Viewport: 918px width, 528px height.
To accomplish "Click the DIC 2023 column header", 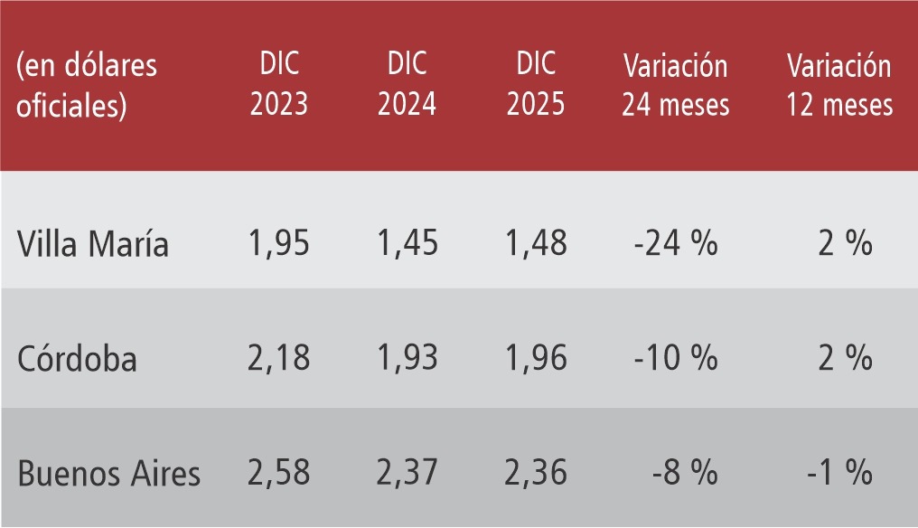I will point(278,85).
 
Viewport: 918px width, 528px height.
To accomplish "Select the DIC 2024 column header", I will point(407,85).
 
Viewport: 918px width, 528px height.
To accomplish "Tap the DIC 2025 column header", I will point(536,85).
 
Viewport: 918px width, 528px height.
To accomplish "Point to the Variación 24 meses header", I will point(675,85).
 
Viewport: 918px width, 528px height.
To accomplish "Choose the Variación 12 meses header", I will point(839,85).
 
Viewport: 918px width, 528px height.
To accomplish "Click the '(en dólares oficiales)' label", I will point(87,85).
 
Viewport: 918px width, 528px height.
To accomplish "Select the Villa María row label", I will point(93,244).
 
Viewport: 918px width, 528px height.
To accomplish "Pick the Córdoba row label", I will point(78,359).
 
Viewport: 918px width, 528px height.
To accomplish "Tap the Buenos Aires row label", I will point(109,473).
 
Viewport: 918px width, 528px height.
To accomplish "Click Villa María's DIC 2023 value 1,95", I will point(278,243).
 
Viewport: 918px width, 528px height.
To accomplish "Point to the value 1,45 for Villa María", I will point(407,243).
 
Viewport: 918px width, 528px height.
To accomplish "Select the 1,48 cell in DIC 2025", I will point(536,243).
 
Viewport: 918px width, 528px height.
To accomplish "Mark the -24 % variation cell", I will point(675,243).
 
